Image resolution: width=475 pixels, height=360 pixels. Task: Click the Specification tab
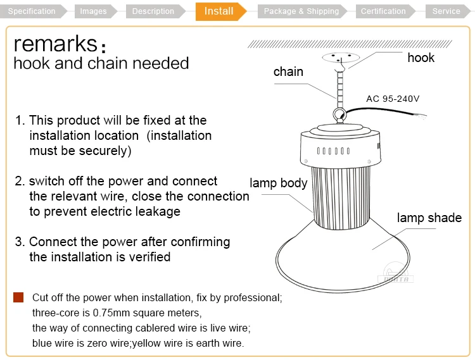(32, 11)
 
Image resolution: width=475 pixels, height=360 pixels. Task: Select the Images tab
(94, 11)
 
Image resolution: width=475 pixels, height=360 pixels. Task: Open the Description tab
(153, 11)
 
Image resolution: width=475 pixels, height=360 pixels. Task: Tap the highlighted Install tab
(219, 11)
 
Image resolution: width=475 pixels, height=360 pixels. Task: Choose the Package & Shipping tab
(301, 11)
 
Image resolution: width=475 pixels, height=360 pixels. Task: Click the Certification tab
(383, 11)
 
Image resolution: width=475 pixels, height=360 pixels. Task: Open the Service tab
(446, 11)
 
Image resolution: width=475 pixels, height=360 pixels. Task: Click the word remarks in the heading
(55, 44)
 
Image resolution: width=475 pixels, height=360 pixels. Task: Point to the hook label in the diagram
(421, 58)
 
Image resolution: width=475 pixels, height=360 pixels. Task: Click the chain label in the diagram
(288, 71)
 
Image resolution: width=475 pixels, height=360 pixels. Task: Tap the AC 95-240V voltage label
(393, 99)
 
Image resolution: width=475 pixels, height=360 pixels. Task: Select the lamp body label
(278, 183)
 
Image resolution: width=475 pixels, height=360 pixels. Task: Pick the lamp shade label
(429, 218)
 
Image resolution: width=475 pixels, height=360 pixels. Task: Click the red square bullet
(18, 297)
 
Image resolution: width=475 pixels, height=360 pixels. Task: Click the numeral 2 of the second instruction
(19, 181)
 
